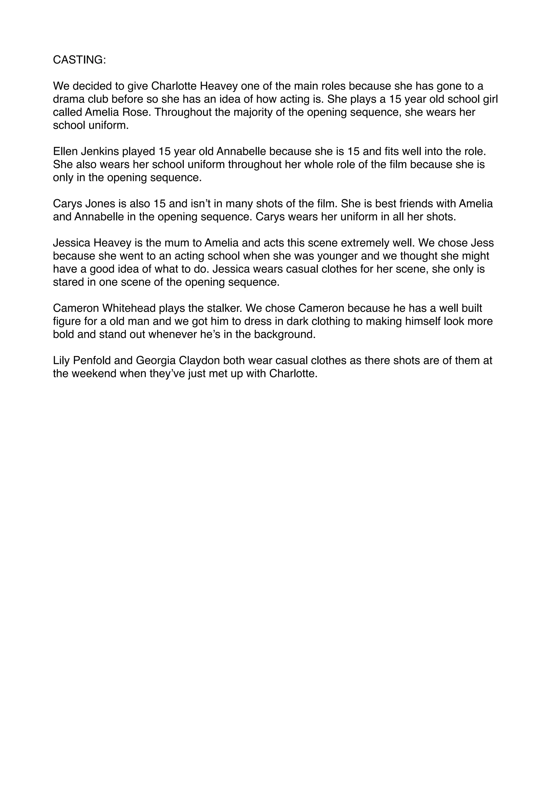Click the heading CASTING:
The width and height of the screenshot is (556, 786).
click(x=80, y=60)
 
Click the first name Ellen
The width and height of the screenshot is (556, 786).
click(x=65, y=151)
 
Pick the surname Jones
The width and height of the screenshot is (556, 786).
click(x=98, y=204)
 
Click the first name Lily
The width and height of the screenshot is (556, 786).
click(x=61, y=360)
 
